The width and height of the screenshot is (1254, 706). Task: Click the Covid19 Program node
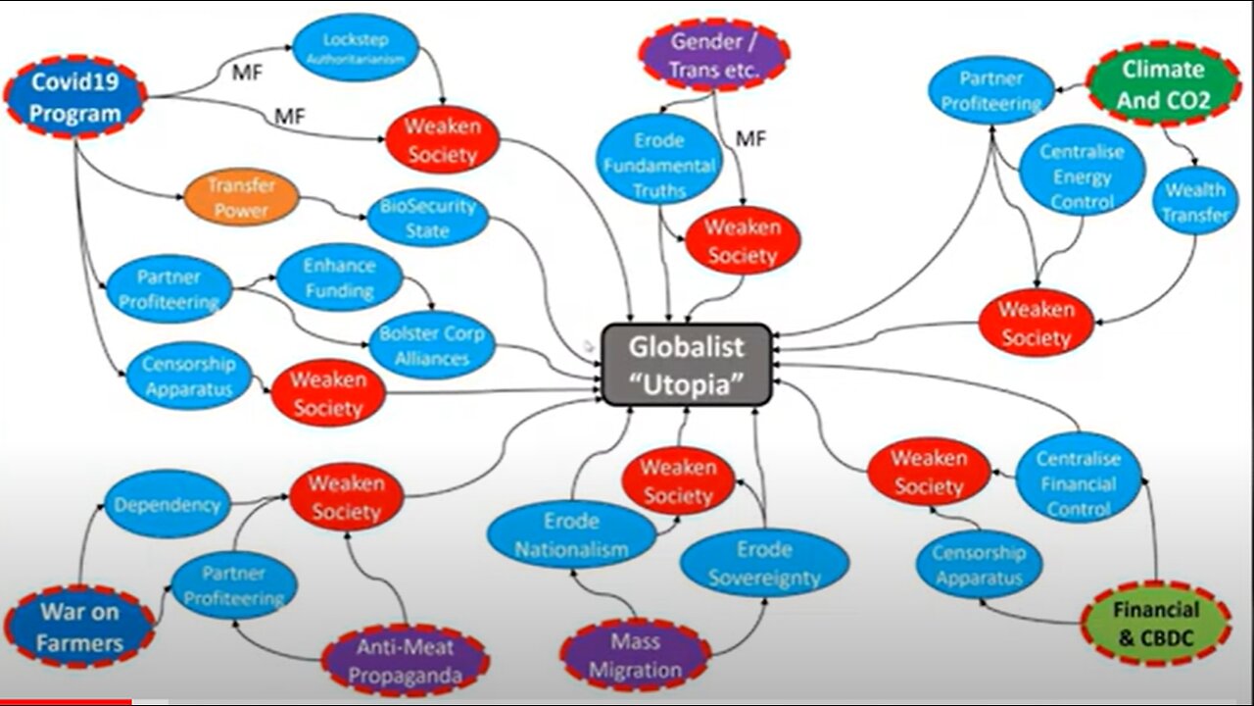(75, 98)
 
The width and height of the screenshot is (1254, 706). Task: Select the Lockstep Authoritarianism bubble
(356, 47)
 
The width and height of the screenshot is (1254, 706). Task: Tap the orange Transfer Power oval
(240, 197)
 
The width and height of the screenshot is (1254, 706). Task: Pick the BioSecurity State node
(427, 219)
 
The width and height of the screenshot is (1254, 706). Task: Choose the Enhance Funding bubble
(339, 277)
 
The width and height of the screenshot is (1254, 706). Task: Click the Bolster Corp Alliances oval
(432, 345)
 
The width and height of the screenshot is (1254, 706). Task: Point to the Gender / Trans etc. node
(714, 55)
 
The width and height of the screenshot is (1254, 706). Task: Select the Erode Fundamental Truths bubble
(659, 165)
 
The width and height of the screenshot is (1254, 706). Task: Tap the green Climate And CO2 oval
(1163, 84)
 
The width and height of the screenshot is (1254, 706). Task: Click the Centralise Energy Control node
(1082, 177)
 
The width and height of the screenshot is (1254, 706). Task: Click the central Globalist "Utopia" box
(686, 365)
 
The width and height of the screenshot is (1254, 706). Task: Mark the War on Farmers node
(80, 629)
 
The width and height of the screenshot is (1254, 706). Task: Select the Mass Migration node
(636, 656)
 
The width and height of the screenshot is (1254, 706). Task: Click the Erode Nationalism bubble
(572, 534)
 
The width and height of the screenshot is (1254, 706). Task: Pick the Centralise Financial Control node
(1079, 483)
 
